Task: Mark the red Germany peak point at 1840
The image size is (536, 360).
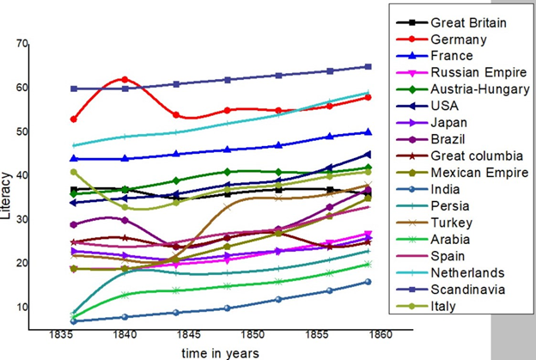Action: coord(125,79)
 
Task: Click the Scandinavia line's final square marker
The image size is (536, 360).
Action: coord(368,66)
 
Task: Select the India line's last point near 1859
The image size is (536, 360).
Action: coord(368,281)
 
